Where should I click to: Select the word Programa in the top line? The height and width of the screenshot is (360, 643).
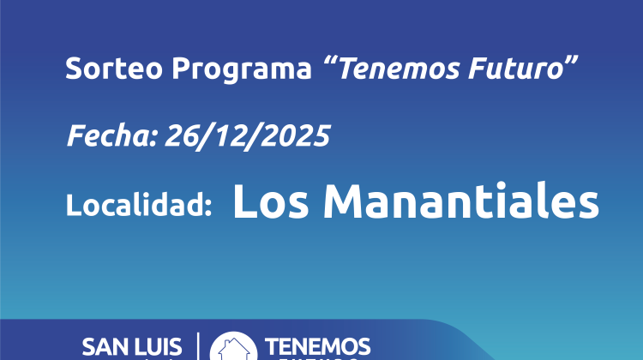[x=215, y=69]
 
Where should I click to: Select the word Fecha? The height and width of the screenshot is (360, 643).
[x=98, y=136]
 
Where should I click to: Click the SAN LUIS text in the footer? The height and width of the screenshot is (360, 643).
[x=132, y=348]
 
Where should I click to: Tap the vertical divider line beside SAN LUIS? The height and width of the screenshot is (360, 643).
[x=198, y=346]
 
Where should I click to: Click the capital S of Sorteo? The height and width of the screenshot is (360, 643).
[x=73, y=69]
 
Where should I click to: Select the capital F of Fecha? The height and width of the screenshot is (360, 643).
[x=74, y=136]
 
